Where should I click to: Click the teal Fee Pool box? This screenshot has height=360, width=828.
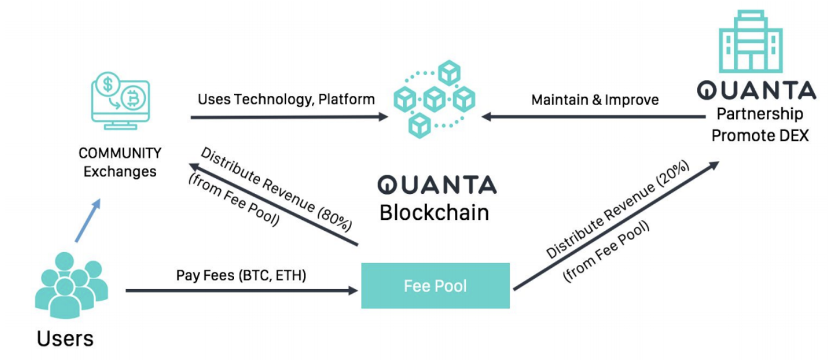click(x=435, y=286)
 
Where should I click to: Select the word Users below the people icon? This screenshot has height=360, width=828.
click(x=65, y=338)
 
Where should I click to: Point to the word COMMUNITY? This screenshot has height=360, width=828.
click(x=120, y=153)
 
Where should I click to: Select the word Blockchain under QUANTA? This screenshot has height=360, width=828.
click(x=434, y=212)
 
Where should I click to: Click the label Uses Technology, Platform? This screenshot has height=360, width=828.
click(x=286, y=99)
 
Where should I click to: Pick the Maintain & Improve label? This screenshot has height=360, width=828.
click(x=594, y=100)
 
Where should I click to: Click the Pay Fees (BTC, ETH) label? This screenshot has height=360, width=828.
click(x=241, y=275)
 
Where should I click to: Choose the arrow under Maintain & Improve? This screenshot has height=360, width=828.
click(x=594, y=117)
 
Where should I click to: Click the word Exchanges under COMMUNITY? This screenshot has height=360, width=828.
click(x=120, y=171)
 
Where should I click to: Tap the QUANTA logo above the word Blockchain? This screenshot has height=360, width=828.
click(x=436, y=185)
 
